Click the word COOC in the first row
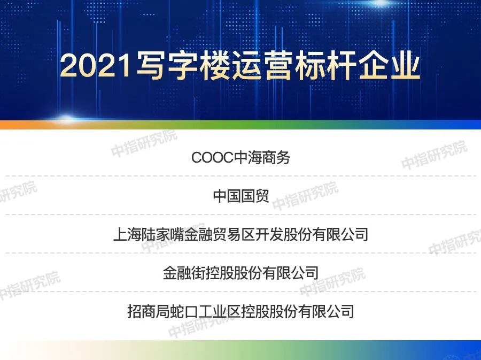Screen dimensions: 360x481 [x=212, y=158]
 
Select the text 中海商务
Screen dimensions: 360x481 [x=262, y=158]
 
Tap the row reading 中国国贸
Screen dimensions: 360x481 [x=241, y=196]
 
